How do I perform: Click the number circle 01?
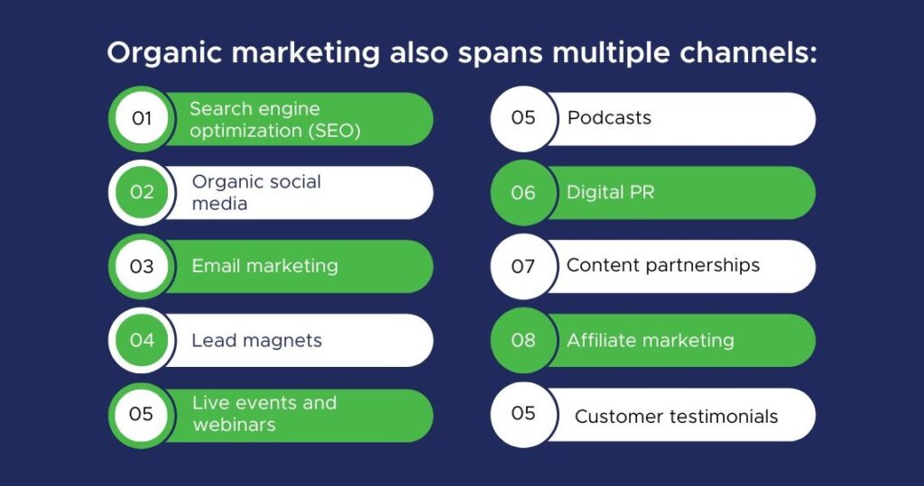click(142, 118)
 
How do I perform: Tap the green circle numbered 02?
click(142, 192)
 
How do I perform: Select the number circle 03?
click(142, 266)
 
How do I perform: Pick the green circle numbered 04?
click(142, 340)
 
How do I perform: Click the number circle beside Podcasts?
click(523, 118)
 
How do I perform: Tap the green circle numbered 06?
click(523, 192)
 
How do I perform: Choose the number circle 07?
click(523, 266)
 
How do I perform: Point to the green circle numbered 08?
click(523, 340)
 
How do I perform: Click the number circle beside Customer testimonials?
click(523, 414)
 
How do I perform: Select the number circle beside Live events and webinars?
click(142, 414)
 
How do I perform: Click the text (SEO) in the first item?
click(334, 131)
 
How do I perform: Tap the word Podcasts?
click(609, 118)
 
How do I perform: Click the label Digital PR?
click(611, 193)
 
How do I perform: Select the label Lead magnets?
click(257, 341)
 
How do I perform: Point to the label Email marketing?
click(265, 266)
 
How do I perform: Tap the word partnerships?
click(703, 266)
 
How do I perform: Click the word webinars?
click(235, 425)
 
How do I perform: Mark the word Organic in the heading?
click(164, 53)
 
